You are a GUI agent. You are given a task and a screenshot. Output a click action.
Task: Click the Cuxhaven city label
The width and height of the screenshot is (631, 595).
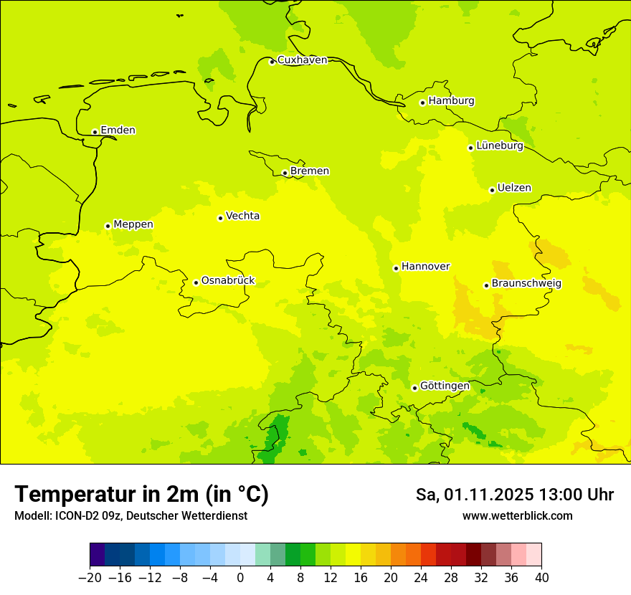[302, 60]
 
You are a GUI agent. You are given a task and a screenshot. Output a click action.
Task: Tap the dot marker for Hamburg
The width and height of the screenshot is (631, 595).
[422, 103]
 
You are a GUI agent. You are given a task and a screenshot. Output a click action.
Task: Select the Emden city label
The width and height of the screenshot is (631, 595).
[118, 130]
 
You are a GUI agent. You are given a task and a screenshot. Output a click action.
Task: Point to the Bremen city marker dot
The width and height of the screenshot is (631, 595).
[285, 173]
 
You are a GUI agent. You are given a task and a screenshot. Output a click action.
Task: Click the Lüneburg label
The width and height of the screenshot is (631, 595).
[499, 146]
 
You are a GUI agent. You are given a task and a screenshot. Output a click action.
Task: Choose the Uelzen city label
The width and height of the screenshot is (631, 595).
[514, 189]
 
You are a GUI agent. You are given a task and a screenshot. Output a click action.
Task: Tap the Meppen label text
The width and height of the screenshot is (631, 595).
[133, 224]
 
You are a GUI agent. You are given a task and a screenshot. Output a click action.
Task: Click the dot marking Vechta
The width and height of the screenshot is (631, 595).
[220, 218]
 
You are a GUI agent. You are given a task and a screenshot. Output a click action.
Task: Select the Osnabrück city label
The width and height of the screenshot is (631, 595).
[227, 281]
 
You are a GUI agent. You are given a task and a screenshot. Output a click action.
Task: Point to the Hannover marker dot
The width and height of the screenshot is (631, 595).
[396, 268]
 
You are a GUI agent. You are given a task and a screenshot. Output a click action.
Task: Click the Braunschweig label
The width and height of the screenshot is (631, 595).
[526, 284]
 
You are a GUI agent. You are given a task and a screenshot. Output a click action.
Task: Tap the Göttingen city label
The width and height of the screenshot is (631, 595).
[445, 386]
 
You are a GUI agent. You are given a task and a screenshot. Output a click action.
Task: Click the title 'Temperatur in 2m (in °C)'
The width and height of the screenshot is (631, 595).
[141, 495]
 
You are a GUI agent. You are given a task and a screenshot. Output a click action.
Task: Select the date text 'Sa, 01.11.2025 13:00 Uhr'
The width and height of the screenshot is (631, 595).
[514, 495]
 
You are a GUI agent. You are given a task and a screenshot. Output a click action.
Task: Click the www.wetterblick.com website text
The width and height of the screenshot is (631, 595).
[517, 516]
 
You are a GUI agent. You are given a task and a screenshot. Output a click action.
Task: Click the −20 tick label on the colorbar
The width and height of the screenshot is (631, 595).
[90, 578]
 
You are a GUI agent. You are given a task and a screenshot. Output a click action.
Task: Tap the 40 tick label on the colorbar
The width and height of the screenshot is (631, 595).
[541, 578]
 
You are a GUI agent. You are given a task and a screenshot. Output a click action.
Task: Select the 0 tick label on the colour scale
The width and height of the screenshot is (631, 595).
[240, 578]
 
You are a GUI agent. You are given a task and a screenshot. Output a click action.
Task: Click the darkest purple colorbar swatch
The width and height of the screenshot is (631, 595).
[98, 555]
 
